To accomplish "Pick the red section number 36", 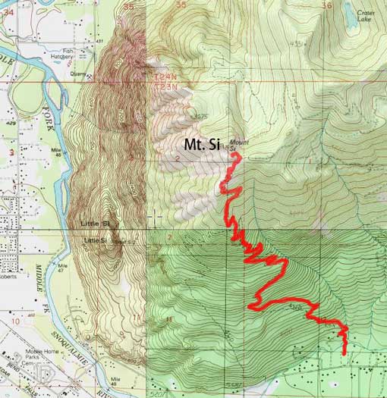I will click(327, 5).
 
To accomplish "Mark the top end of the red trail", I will click(235, 155).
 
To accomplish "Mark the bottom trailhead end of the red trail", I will click(345, 353).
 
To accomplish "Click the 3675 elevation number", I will click(200, 117).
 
